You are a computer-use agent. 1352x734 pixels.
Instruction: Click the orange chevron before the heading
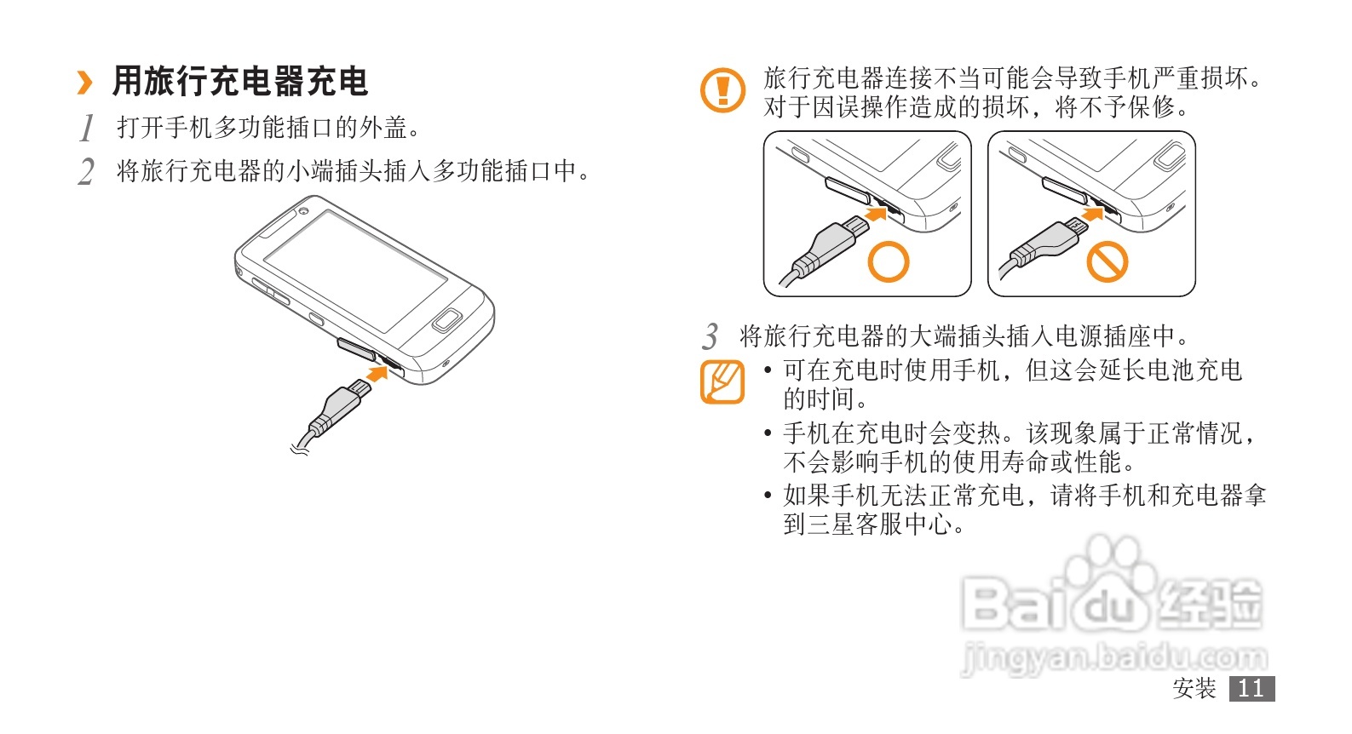(85, 83)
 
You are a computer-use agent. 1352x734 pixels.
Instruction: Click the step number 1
(87, 128)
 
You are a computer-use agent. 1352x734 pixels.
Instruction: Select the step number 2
(86, 172)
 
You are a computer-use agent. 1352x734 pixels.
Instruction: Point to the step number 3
(711, 336)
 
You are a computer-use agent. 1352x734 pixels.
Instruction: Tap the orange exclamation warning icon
(722, 90)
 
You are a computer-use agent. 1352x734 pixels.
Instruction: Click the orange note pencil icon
(722, 381)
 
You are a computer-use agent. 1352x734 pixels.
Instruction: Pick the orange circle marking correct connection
(888, 262)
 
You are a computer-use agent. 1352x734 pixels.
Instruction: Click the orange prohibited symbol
(1107, 262)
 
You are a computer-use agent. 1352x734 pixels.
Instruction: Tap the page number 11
(1251, 689)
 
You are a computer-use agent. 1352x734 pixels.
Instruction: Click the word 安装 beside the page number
(1194, 689)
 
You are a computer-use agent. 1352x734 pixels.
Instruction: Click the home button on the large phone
(447, 319)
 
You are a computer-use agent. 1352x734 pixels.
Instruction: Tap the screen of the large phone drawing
(355, 271)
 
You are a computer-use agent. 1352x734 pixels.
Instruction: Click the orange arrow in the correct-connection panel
(876, 213)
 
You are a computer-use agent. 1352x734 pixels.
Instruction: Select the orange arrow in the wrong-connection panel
(1093, 213)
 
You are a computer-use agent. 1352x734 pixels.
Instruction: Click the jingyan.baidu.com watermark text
(1114, 657)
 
